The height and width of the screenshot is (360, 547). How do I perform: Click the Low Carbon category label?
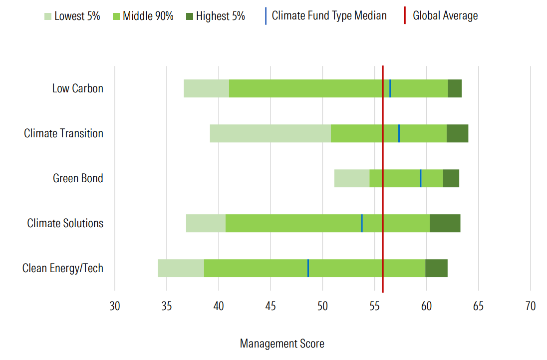77,88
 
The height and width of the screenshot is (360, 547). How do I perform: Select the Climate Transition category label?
63,133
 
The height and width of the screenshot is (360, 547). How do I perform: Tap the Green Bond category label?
78,178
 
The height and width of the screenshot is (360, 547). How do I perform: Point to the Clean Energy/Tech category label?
63,268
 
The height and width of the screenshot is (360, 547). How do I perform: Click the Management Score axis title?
282,344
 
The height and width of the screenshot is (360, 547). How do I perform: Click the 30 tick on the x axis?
115,306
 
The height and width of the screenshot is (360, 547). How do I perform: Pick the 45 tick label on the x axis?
271,306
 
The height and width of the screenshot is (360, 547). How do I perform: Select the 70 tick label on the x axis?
530,306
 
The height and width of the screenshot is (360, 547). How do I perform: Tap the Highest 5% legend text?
221,16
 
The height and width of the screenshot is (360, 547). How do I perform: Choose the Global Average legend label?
445,16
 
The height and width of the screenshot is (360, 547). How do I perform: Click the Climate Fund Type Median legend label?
329,15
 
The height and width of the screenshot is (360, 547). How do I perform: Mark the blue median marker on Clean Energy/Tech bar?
308,268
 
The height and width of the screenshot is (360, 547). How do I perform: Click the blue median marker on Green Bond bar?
421,178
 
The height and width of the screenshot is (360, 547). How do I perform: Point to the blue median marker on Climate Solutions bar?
362,223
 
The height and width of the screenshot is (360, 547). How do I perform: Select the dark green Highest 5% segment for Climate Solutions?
445,223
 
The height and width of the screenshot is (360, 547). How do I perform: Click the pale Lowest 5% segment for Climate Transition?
270,133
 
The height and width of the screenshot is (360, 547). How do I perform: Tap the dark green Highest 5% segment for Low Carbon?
455,88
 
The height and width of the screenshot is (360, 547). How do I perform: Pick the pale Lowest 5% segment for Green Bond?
352,178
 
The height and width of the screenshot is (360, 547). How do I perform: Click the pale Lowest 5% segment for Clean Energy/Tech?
181,268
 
